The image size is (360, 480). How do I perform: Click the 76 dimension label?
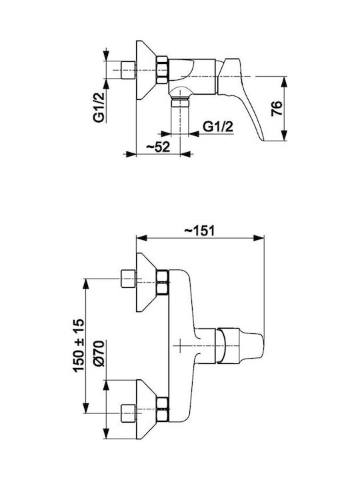point(277,109)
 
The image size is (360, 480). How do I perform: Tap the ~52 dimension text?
point(158,147)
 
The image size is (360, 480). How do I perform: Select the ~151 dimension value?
point(199,231)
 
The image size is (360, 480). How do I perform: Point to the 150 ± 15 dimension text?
point(79,345)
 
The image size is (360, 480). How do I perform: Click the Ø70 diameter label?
point(99,353)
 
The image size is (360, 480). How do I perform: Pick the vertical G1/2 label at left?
point(99,107)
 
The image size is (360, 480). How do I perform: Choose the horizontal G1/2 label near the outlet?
point(218,126)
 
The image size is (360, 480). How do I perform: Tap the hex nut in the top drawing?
point(162,70)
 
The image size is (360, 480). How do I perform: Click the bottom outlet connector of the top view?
point(180,101)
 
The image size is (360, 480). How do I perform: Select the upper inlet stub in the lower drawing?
point(129,279)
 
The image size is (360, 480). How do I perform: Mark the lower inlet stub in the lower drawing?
point(129,413)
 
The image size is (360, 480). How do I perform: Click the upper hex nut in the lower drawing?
point(162,282)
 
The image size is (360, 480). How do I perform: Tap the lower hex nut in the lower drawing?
point(162,409)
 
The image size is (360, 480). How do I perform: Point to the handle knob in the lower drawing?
point(240,345)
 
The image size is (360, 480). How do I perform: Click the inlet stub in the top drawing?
point(129,70)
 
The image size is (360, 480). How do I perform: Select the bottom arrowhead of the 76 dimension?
point(285,135)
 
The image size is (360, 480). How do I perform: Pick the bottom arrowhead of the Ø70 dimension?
point(106,433)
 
